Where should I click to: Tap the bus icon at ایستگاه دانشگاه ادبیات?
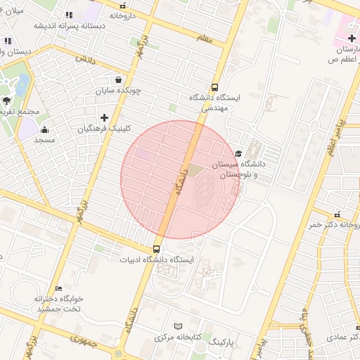156,249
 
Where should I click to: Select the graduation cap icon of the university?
238,153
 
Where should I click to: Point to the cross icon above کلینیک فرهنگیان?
105,117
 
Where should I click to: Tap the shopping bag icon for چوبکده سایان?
117,79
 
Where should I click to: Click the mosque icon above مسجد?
45,129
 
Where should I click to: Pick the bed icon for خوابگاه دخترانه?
59,288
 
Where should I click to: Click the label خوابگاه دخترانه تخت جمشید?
59,304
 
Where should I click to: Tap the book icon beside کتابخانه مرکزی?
178,326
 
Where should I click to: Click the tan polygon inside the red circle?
193,171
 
